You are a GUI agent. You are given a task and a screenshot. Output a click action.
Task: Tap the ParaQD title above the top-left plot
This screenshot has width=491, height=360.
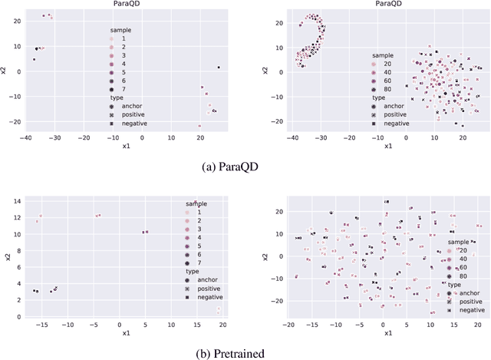tap(124, 5)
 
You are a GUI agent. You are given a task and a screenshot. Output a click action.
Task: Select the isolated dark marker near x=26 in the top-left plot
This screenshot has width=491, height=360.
tap(218, 68)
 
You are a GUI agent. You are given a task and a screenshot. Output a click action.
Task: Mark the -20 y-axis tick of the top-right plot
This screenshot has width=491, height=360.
tap(275, 121)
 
